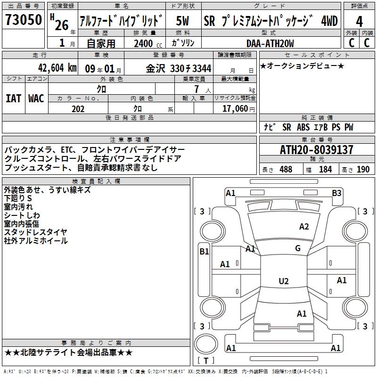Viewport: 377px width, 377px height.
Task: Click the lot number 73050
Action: (x=24, y=20)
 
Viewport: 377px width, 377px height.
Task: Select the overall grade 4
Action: (x=359, y=22)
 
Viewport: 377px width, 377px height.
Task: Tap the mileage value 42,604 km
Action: (x=57, y=68)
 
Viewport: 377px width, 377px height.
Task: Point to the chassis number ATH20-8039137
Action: (x=317, y=150)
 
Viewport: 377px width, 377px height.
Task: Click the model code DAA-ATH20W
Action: (x=270, y=43)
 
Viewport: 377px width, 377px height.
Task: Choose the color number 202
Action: (x=78, y=109)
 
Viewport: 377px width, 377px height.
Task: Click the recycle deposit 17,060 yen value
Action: (x=238, y=109)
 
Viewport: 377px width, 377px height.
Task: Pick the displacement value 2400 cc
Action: (x=148, y=43)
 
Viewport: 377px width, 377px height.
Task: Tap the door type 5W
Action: (x=182, y=21)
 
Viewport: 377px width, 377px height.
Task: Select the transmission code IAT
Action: (x=13, y=98)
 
